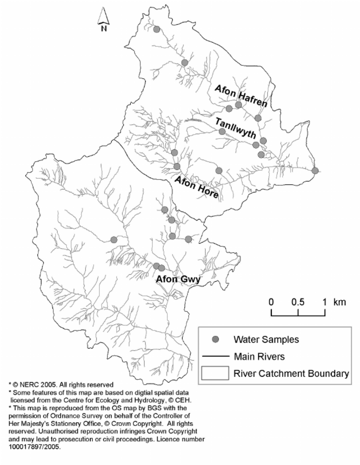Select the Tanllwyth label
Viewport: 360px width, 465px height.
[235, 128]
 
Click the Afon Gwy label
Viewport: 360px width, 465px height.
[177, 279]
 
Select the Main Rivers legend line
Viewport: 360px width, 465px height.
[216, 356]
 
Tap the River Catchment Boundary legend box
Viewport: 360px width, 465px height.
[215, 374]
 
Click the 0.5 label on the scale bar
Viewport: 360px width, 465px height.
[298, 302]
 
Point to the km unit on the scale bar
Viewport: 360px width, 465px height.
[339, 302]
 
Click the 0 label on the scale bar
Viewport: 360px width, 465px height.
[271, 302]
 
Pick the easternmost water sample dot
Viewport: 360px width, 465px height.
[315, 171]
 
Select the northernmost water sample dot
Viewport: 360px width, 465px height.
[157, 29]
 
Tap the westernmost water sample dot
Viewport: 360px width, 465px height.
[114, 240]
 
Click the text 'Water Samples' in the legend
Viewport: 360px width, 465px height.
[266, 339]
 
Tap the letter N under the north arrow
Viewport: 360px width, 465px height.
[104, 29]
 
